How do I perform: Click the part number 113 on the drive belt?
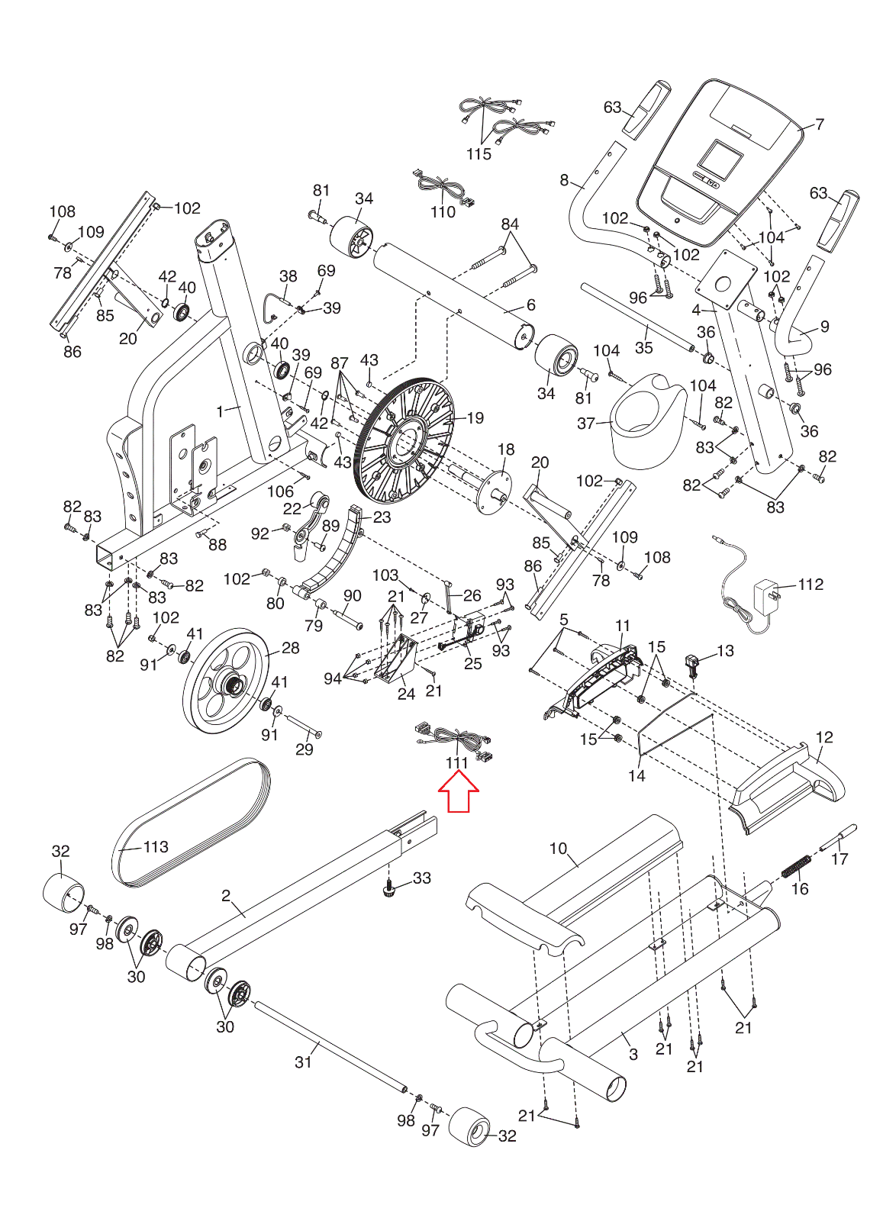156,846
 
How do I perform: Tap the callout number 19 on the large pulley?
475,418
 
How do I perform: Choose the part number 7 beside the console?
820,124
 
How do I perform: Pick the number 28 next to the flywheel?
291,648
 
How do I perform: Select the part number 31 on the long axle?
303,1062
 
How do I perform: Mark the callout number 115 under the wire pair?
479,154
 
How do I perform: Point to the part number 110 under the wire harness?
443,211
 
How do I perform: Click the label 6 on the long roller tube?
531,304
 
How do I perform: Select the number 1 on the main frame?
221,411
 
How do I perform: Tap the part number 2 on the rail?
226,895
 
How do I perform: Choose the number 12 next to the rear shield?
825,737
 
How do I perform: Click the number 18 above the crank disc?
506,449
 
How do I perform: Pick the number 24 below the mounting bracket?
406,694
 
